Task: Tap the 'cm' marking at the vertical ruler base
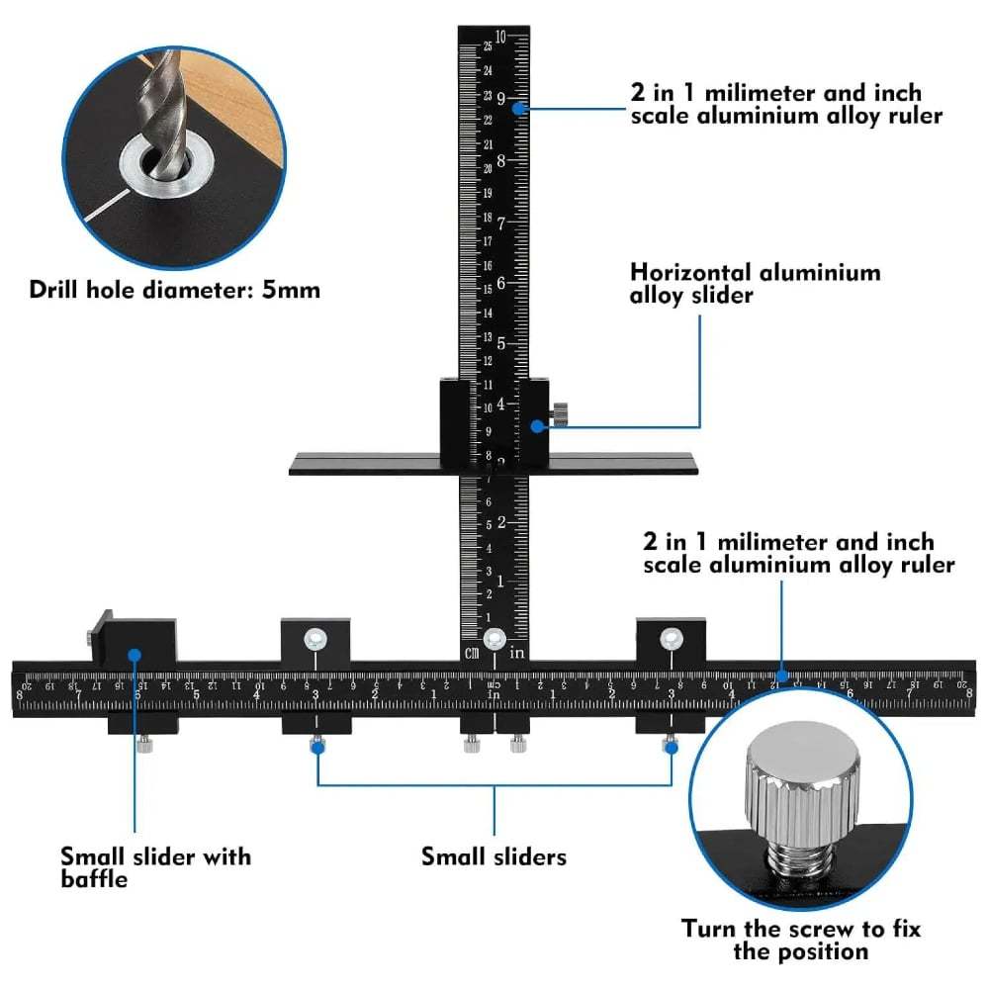471,651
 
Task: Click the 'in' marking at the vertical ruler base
516,652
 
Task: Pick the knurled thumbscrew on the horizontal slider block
562,412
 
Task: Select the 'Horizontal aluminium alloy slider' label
755,283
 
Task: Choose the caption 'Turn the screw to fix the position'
800,940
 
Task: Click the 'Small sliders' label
494,855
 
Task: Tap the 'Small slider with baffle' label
155,866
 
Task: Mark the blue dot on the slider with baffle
134,654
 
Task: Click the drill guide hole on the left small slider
315,638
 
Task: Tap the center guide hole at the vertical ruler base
494,638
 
